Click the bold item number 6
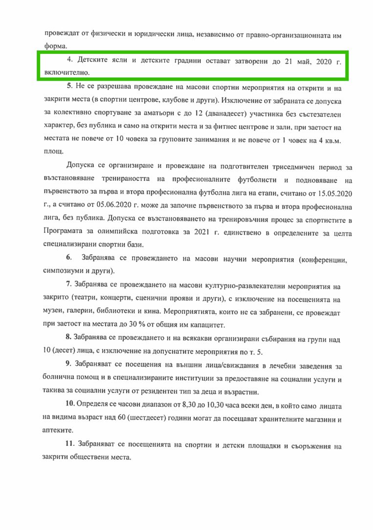point(69,257)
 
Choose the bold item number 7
point(69,284)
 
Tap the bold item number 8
point(69,337)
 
